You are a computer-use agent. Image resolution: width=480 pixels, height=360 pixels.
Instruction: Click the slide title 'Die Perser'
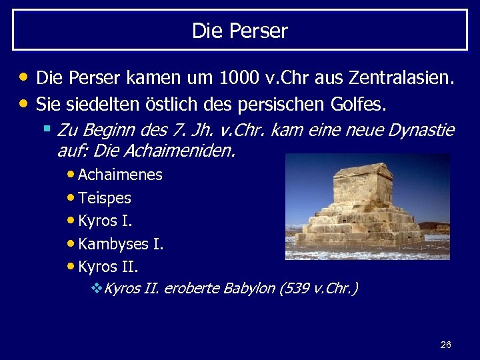point(240,31)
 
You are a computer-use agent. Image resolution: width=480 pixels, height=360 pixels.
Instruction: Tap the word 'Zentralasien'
point(403,78)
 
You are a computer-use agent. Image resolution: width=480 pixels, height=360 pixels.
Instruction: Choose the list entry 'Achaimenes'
point(120,175)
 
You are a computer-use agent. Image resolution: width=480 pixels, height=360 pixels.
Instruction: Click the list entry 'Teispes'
point(105,198)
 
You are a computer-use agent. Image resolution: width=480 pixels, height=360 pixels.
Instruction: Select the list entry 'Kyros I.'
point(105,221)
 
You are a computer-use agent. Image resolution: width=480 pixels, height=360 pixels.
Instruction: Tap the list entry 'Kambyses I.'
point(121,244)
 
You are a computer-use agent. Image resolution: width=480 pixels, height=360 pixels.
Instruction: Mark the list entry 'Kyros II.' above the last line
point(108,267)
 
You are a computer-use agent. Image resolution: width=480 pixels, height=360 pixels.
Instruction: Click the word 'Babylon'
point(249,289)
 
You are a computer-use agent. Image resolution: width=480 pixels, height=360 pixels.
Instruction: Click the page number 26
point(446,345)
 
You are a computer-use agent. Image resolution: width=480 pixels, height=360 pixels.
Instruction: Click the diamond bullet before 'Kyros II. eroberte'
point(96,289)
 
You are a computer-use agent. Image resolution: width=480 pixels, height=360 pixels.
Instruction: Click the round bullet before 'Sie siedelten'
point(25,103)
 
